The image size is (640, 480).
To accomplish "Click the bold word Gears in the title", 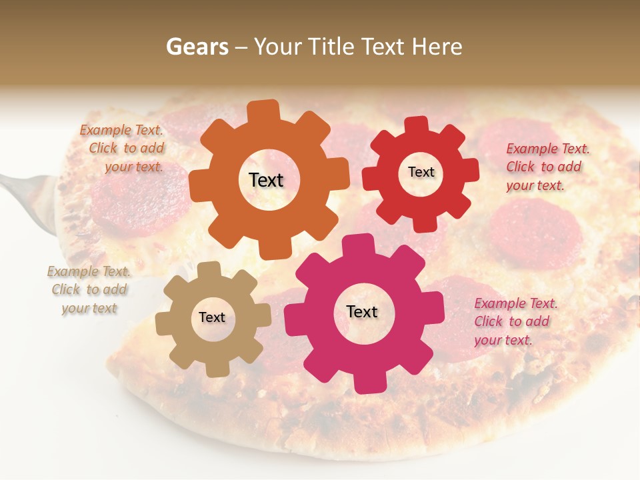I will [196, 47].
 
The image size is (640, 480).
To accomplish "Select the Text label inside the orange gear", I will [266, 180].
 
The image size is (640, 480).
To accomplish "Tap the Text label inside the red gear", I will [421, 172].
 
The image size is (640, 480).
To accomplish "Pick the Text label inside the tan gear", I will [212, 318].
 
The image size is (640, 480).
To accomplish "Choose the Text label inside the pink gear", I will [362, 312].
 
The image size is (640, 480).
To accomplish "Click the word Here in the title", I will [437, 47].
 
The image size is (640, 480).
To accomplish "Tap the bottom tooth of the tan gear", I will [217, 368].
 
